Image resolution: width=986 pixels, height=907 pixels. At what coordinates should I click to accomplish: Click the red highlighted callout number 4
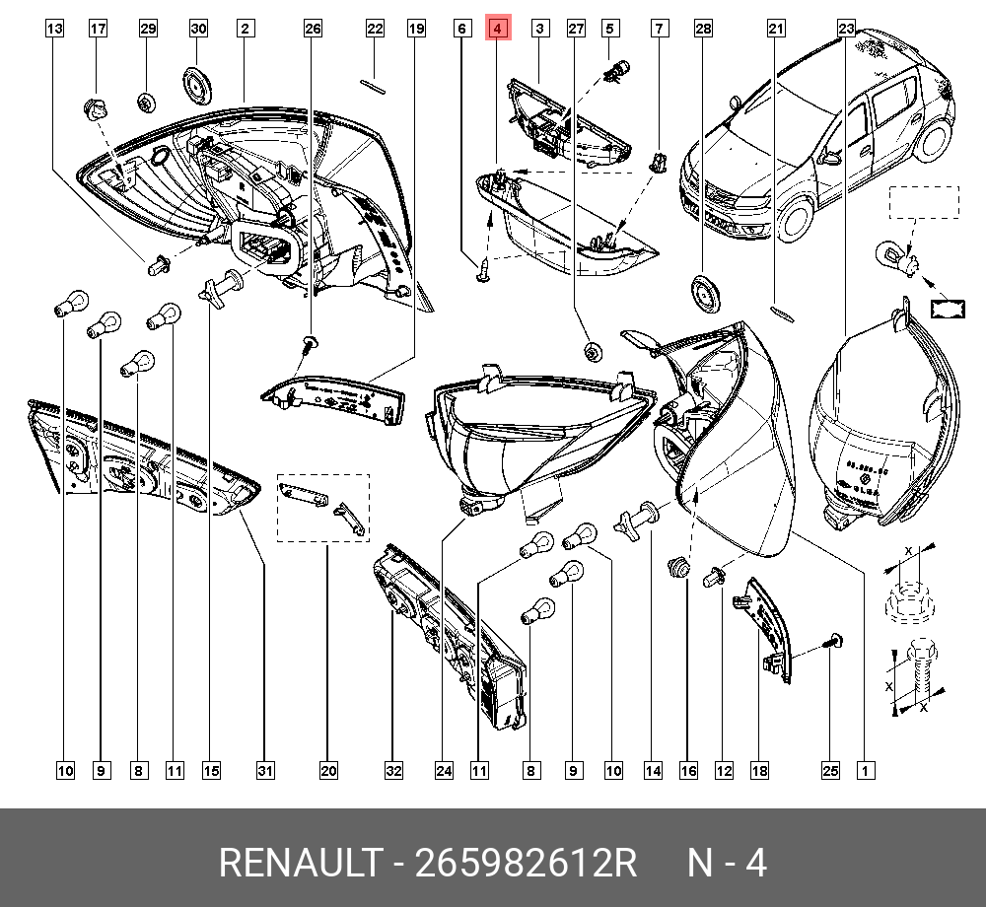click(x=498, y=29)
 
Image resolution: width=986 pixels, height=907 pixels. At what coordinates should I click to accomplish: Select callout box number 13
click(x=55, y=29)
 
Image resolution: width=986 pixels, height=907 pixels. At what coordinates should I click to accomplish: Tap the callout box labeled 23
click(x=846, y=29)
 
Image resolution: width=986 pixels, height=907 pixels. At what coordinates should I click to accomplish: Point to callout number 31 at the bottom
click(x=265, y=770)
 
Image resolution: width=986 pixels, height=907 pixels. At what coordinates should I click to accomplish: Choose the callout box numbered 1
click(x=865, y=770)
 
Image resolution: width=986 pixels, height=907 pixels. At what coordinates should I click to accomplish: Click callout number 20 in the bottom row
click(x=328, y=770)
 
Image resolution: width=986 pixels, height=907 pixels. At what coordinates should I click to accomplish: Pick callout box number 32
click(x=393, y=770)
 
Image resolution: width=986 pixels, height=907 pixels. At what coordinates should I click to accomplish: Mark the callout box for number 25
click(x=829, y=770)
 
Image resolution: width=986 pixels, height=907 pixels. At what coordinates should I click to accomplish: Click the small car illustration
click(x=818, y=138)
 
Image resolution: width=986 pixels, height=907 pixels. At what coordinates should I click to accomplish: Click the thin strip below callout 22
click(x=375, y=85)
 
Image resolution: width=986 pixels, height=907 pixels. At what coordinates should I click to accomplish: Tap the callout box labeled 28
click(x=702, y=29)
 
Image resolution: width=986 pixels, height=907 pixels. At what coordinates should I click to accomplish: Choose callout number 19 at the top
click(x=416, y=29)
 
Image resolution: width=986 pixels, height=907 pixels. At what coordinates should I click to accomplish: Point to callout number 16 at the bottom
click(x=687, y=770)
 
